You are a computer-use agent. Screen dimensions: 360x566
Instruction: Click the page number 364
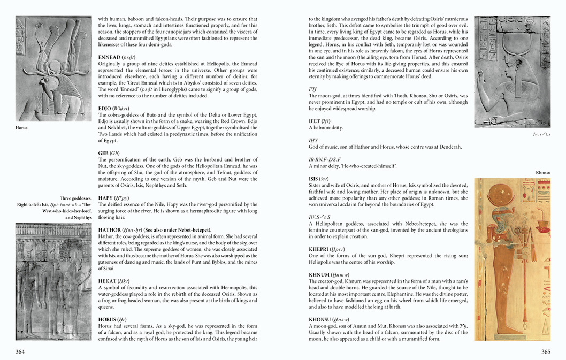click(20, 351)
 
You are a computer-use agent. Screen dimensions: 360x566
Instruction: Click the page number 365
click(546, 351)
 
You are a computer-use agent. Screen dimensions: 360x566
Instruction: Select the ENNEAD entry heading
click(117, 57)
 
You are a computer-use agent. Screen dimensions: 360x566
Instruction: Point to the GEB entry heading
click(109, 153)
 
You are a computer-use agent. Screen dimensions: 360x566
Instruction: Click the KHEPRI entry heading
click(326, 249)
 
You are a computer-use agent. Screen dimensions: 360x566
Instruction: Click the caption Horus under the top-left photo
click(21, 128)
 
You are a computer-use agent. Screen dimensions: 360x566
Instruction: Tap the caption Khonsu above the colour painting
click(543, 173)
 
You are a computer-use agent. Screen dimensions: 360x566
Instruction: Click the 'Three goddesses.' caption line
click(76, 198)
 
